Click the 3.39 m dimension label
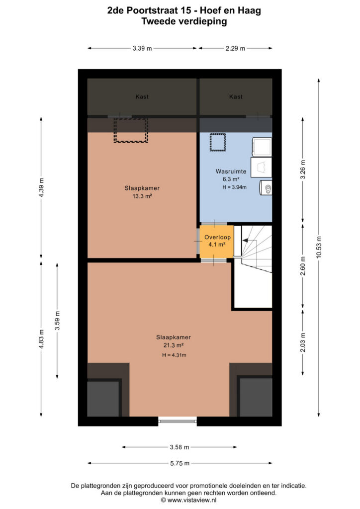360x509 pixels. tap(142, 48)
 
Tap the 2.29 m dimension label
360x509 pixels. tap(235, 48)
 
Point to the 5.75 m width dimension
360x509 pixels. tap(180, 463)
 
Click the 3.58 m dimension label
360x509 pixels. tap(180, 447)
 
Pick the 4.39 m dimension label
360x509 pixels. tap(41, 187)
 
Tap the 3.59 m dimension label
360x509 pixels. tap(58, 321)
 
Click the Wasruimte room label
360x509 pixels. tap(231, 171)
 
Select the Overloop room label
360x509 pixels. tap(217, 237)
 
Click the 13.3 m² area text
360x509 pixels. tap(142, 196)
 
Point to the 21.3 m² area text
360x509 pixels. tap(174, 345)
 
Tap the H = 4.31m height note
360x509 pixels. tap(175, 355)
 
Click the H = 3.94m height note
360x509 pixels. tap(234, 187)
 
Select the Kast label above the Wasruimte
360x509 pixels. tap(236, 97)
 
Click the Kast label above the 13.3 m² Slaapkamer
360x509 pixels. tap(142, 97)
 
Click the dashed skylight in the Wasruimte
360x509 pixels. tap(217, 142)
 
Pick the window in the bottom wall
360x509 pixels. tap(178, 421)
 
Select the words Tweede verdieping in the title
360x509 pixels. tap(184, 22)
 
